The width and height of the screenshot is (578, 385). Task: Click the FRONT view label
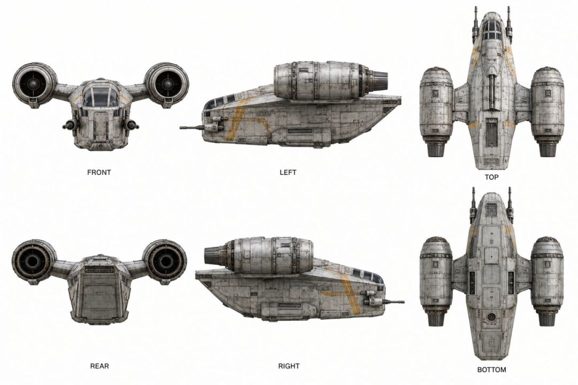point(99,172)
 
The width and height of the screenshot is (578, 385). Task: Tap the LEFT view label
point(288,172)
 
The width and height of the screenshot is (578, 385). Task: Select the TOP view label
point(491,177)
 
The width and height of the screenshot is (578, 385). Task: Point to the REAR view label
point(100,366)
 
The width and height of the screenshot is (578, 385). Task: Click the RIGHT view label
point(288,366)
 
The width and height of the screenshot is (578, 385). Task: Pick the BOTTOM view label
point(491,369)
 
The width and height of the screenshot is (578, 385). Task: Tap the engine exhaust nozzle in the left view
point(379,80)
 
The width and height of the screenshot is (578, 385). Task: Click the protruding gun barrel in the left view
point(192,128)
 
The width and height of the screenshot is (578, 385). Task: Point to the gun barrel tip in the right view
point(404,302)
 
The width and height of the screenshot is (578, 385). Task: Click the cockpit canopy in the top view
point(491,29)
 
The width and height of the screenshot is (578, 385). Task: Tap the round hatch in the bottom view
point(491,317)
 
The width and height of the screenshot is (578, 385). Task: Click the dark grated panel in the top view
point(491,134)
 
